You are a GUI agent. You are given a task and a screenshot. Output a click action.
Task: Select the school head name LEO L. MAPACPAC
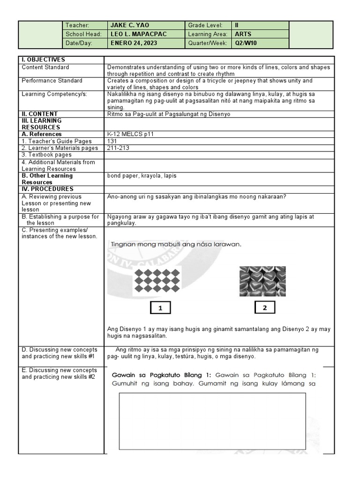pyautogui.click(x=138, y=34)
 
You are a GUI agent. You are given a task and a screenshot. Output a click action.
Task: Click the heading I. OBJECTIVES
pyautogui.click(x=43, y=60)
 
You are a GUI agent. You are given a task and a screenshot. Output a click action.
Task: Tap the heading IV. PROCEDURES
pyautogui.click(x=47, y=189)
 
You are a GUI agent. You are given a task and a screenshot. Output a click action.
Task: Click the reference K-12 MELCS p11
pyautogui.click(x=130, y=134)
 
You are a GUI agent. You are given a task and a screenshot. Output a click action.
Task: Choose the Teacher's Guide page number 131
pyautogui.click(x=112, y=141)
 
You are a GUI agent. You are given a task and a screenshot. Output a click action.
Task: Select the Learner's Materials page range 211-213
pyautogui.click(x=118, y=148)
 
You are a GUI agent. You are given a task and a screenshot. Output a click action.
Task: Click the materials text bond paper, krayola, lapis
pyautogui.click(x=142, y=176)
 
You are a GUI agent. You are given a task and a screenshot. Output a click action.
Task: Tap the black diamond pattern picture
pyautogui.click(x=157, y=281)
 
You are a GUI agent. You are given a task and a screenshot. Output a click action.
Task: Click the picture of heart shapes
pyautogui.click(x=262, y=281)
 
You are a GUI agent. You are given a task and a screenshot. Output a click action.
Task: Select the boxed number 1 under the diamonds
pyautogui.click(x=160, y=308)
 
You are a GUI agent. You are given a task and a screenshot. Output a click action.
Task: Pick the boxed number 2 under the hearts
pyautogui.click(x=265, y=307)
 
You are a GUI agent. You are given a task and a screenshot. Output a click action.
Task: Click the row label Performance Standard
pyautogui.click(x=52, y=81)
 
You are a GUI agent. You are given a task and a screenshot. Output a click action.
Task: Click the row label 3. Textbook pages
pyautogui.click(x=46, y=155)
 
